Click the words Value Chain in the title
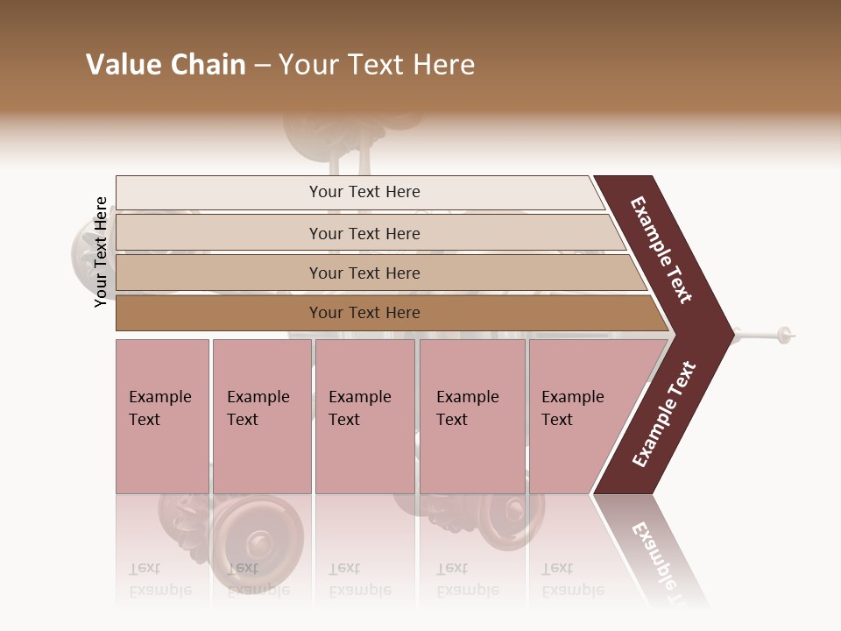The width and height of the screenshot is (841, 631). tap(166, 65)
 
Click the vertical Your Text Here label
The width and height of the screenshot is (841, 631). tap(101, 252)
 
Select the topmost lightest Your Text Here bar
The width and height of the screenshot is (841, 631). tap(364, 192)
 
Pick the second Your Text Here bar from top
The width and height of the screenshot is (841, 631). tap(364, 233)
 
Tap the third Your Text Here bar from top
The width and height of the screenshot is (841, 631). tap(364, 273)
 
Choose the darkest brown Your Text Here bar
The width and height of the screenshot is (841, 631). tap(364, 313)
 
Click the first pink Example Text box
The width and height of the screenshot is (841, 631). tap(162, 416)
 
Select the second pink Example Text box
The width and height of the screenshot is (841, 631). tap(261, 416)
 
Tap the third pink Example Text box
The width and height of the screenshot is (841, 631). tap(364, 416)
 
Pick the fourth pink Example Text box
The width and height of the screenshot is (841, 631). tap(471, 416)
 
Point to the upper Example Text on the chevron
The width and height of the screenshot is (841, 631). tap(661, 250)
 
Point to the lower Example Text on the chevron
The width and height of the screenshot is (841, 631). tap(664, 415)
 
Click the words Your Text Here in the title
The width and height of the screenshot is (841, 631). tap(377, 65)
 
